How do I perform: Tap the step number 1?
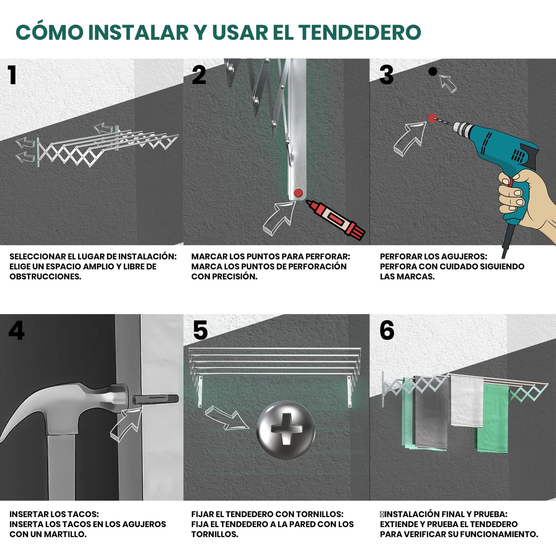12,75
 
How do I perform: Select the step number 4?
17,330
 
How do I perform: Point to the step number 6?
387,330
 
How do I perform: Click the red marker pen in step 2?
336,220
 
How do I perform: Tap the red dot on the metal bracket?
298,193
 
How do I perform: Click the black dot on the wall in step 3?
433,71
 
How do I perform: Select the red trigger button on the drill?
511,182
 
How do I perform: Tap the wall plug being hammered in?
155,399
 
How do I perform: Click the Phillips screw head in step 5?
286,430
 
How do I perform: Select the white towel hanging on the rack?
467,401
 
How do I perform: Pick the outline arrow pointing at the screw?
227,418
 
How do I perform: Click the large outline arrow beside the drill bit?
410,139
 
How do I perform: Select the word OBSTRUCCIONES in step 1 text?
45,276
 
